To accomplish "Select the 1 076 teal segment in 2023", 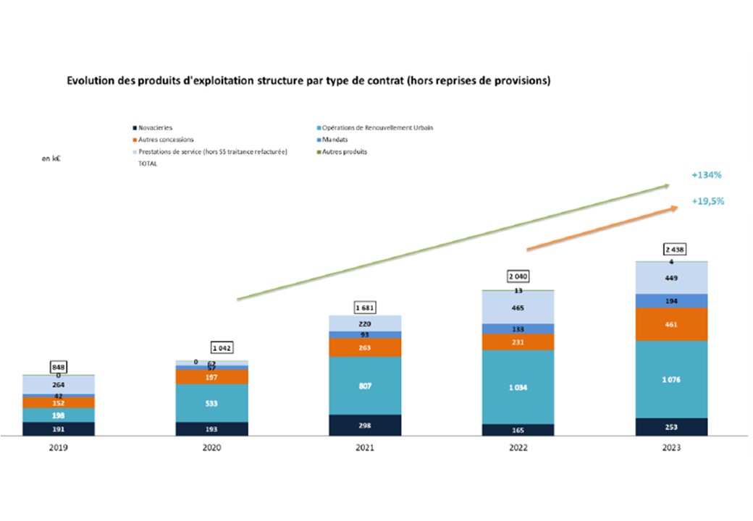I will click(671, 379).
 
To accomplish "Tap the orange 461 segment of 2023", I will click(671, 324).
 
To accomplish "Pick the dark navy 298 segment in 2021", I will click(365, 425).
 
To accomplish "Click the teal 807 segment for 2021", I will click(365, 386).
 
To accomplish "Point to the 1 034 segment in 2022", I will click(518, 387).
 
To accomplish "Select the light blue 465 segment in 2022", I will click(518, 308).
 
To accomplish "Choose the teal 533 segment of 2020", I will click(212, 403).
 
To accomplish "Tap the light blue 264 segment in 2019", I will click(58, 386).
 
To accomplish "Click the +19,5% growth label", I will click(708, 201).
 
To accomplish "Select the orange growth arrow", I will click(602, 228).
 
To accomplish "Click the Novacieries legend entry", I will click(154, 127).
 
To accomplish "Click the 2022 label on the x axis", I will click(518, 448).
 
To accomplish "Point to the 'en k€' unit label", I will click(51, 158).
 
